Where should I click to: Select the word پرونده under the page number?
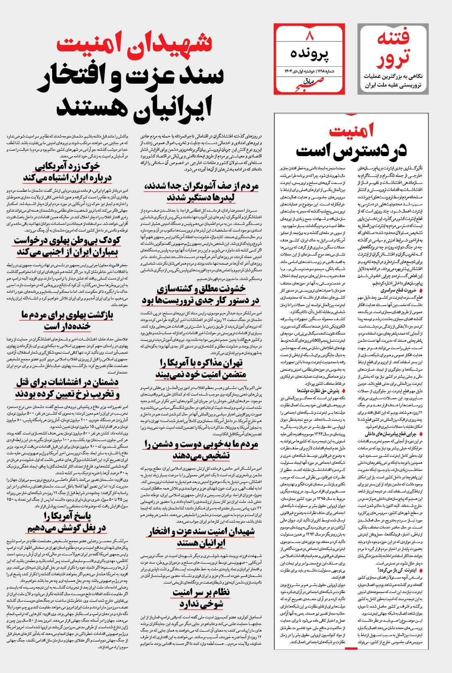(309, 54)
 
